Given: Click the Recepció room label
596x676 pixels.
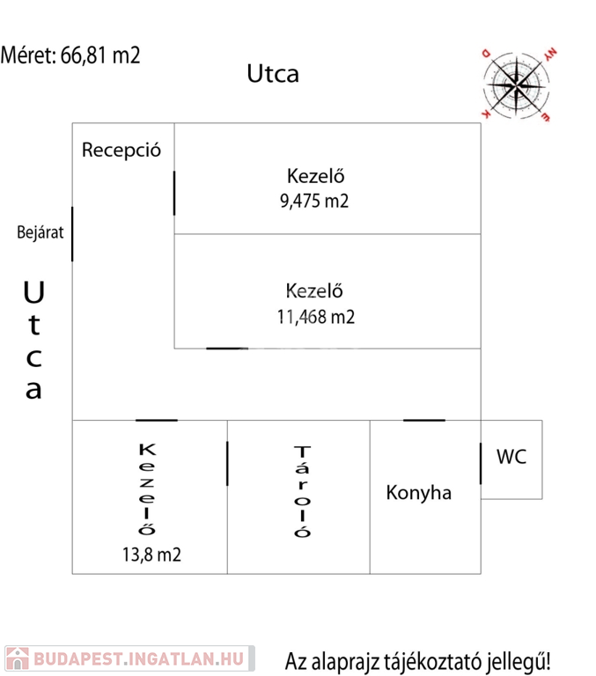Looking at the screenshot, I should [121, 150].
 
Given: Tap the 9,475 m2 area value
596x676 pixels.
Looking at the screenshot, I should [314, 201].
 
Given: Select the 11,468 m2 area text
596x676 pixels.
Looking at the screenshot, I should [315, 317].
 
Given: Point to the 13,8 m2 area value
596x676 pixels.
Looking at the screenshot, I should [152, 555].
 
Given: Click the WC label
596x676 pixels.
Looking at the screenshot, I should [511, 457].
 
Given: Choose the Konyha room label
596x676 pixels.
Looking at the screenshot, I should [419, 493].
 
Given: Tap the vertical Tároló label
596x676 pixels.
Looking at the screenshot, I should [303, 492].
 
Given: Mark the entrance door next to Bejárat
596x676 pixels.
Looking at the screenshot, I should [72, 233].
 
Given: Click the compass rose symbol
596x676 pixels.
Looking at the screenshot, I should [517, 84].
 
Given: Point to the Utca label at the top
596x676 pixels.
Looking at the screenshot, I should [272, 74].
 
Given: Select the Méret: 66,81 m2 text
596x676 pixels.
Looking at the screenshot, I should [70, 55].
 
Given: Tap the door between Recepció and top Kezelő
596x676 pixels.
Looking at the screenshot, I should [174, 193].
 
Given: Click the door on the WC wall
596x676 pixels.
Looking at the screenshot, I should [481, 463].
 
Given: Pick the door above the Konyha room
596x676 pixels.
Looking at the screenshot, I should [424, 420].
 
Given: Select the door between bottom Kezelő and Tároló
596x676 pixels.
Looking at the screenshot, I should [227, 463].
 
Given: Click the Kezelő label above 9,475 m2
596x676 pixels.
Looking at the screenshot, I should [315, 174].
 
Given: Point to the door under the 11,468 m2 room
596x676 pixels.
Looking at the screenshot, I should [227, 349].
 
